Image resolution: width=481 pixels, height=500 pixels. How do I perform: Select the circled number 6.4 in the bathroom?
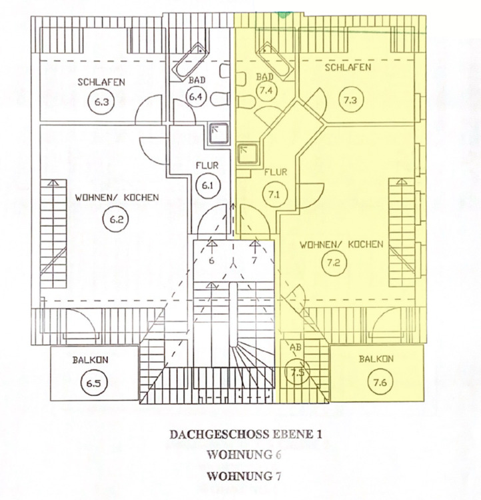click(195, 97)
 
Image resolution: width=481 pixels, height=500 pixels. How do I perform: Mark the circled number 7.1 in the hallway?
click(274, 195)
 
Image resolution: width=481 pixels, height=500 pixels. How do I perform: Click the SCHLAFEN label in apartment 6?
click(101, 83)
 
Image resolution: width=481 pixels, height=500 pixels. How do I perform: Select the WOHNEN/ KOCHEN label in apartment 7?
click(341, 244)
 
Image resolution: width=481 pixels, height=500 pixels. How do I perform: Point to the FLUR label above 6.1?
click(204, 164)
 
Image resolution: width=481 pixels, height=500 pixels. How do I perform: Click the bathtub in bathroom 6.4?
click(193, 62)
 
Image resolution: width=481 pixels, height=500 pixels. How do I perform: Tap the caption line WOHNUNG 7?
click(239, 476)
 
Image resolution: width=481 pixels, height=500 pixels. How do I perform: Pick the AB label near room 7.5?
click(296, 347)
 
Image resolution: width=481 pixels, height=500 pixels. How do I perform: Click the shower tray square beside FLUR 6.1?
click(219, 134)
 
